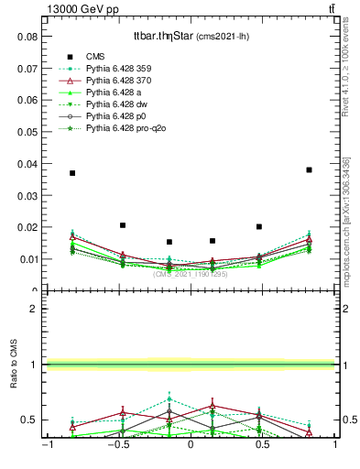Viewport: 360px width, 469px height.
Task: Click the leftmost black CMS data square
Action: click(x=72, y=172)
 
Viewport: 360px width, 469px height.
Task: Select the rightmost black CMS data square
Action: click(x=310, y=169)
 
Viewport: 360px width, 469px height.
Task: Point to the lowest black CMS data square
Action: click(x=169, y=242)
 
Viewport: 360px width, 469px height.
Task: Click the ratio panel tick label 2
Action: click(x=33, y=309)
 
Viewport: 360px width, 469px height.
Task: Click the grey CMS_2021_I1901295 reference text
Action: click(x=191, y=273)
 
